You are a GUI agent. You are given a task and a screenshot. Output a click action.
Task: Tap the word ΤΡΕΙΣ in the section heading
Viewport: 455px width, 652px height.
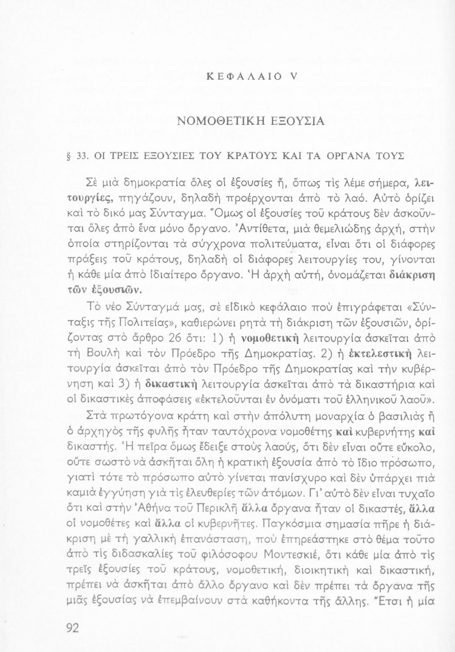(113, 156)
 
